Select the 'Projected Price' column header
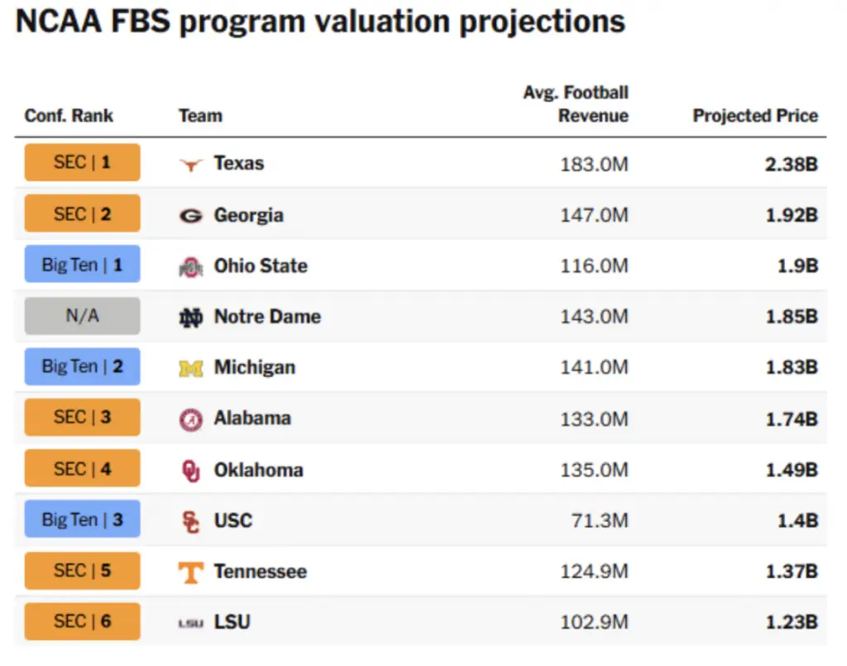pyautogui.click(x=755, y=116)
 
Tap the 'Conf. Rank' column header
pyautogui.click(x=69, y=116)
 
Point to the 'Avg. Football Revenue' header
pyautogui.click(x=576, y=104)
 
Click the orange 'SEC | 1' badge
pyautogui.click(x=82, y=162)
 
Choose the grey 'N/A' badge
pyautogui.click(x=82, y=316)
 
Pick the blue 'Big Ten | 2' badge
pyautogui.click(x=82, y=367)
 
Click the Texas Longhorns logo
pyautogui.click(x=191, y=164)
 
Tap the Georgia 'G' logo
pyautogui.click(x=191, y=215)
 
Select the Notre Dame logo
pyautogui.click(x=191, y=317)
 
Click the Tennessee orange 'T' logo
pyautogui.click(x=191, y=572)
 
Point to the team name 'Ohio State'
pyautogui.click(x=261, y=266)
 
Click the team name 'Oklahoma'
pyautogui.click(x=258, y=470)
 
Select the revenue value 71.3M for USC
pyautogui.click(x=600, y=520)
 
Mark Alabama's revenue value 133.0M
pyautogui.click(x=594, y=419)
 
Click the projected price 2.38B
pyautogui.click(x=791, y=164)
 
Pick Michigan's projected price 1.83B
pyautogui.click(x=791, y=367)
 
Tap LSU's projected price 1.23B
pyautogui.click(x=791, y=622)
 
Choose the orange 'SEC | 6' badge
pyautogui.click(x=82, y=621)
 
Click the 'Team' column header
pyautogui.click(x=200, y=116)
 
